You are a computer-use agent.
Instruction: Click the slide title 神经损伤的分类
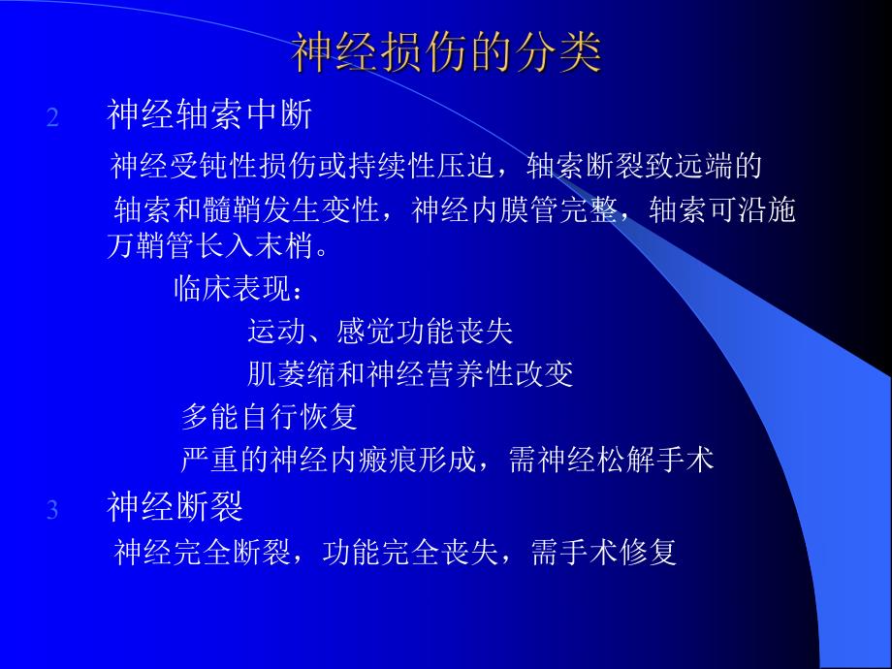pyautogui.click(x=446, y=54)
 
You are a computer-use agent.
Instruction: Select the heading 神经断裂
pyautogui.click(x=175, y=507)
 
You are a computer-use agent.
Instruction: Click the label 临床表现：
pyautogui.click(x=239, y=289)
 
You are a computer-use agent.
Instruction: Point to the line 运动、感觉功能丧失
pyautogui.click(x=380, y=333)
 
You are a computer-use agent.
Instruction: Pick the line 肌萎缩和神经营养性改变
pyautogui.click(x=410, y=374)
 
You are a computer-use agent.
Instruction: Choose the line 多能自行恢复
pyautogui.click(x=270, y=417)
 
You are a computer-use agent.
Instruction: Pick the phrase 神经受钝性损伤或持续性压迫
pyautogui.click(x=305, y=166)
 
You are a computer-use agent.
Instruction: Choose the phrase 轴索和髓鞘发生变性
pyautogui.click(x=251, y=211)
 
